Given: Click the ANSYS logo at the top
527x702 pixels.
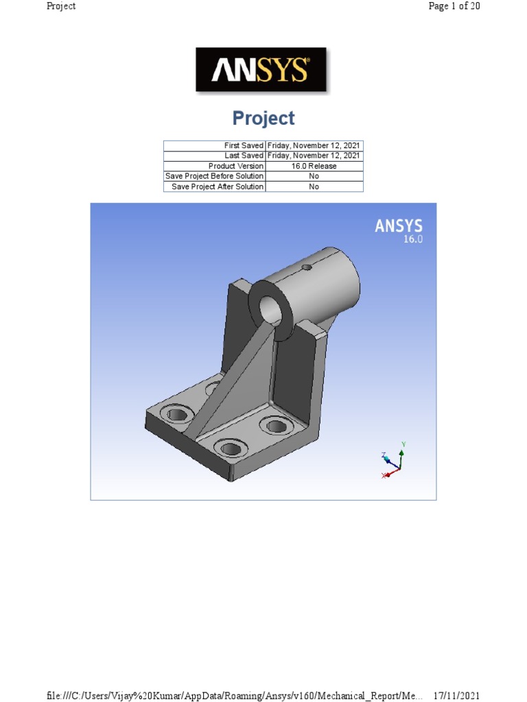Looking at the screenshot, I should coord(261,69).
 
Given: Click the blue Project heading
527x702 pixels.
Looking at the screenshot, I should coord(263,119).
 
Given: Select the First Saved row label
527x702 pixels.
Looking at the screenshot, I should coord(244,145).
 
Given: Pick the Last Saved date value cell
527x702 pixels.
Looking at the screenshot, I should coord(314,156).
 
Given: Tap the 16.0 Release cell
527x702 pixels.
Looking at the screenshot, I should coord(314,166).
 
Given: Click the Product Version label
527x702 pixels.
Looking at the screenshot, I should coord(235,166).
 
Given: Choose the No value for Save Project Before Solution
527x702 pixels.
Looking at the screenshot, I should coord(314,176).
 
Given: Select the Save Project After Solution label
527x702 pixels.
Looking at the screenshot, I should coord(217,186).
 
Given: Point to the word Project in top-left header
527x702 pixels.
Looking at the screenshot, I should coord(61,6).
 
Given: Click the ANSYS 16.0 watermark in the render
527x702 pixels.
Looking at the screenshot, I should coord(399,231).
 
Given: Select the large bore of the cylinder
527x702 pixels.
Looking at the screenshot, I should coord(274,308).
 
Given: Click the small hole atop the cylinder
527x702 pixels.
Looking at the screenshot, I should coord(307,267).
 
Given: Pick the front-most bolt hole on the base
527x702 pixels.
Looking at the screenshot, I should coord(231,449).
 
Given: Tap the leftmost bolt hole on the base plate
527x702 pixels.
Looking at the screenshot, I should coord(176,413).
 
